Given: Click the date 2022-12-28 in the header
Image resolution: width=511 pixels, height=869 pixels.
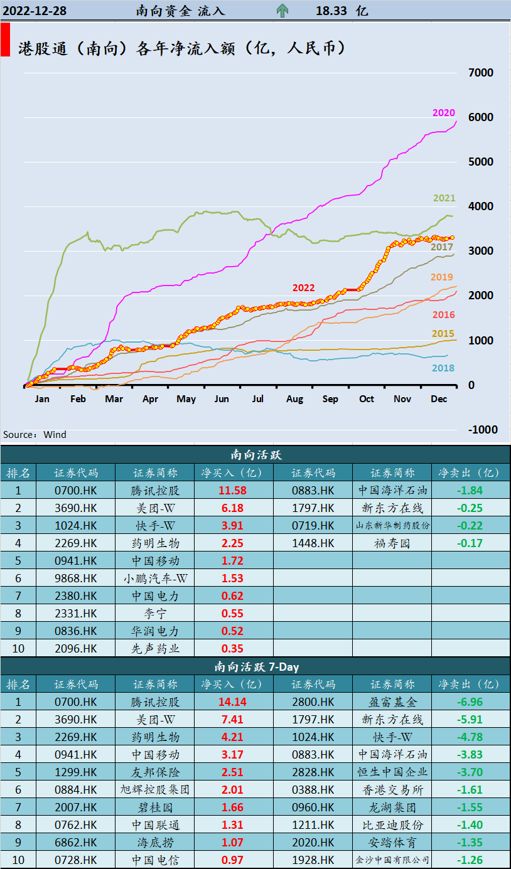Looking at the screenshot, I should pyautogui.click(x=35, y=11).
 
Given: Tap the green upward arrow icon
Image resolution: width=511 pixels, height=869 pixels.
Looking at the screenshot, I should pyautogui.click(x=282, y=11).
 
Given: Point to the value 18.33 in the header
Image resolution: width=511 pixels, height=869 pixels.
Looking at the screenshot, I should pyautogui.click(x=331, y=11).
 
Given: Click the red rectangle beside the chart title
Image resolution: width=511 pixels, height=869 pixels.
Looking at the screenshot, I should pyautogui.click(x=5, y=40).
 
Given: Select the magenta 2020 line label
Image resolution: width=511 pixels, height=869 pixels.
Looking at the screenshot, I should pyautogui.click(x=443, y=113).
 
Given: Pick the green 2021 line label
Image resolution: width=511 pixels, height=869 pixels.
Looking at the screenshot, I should pyautogui.click(x=444, y=198).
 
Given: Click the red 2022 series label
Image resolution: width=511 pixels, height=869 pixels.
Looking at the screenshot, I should pyautogui.click(x=303, y=288).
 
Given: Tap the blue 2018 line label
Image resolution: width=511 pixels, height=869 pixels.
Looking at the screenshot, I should pyautogui.click(x=443, y=368).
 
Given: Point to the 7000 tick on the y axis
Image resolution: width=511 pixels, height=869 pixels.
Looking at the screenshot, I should pyautogui.click(x=481, y=73).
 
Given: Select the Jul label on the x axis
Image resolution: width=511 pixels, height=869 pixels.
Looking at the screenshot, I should pyautogui.click(x=257, y=399).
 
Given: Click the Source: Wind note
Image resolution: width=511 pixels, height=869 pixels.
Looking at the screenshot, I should pyautogui.click(x=35, y=435).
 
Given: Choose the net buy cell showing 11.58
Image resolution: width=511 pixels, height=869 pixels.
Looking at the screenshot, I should pyautogui.click(x=234, y=491).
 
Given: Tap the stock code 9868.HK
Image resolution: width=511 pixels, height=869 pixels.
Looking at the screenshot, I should pyautogui.click(x=76, y=578).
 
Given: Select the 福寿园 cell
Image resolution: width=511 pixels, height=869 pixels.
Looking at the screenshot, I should pyautogui.click(x=392, y=543).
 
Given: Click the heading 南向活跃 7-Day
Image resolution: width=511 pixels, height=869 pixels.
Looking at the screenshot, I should pyautogui.click(x=255, y=666).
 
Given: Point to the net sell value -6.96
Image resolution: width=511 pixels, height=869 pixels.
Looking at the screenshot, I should pyautogui.click(x=470, y=702).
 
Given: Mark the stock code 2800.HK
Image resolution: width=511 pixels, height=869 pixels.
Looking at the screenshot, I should pyautogui.click(x=313, y=702).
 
